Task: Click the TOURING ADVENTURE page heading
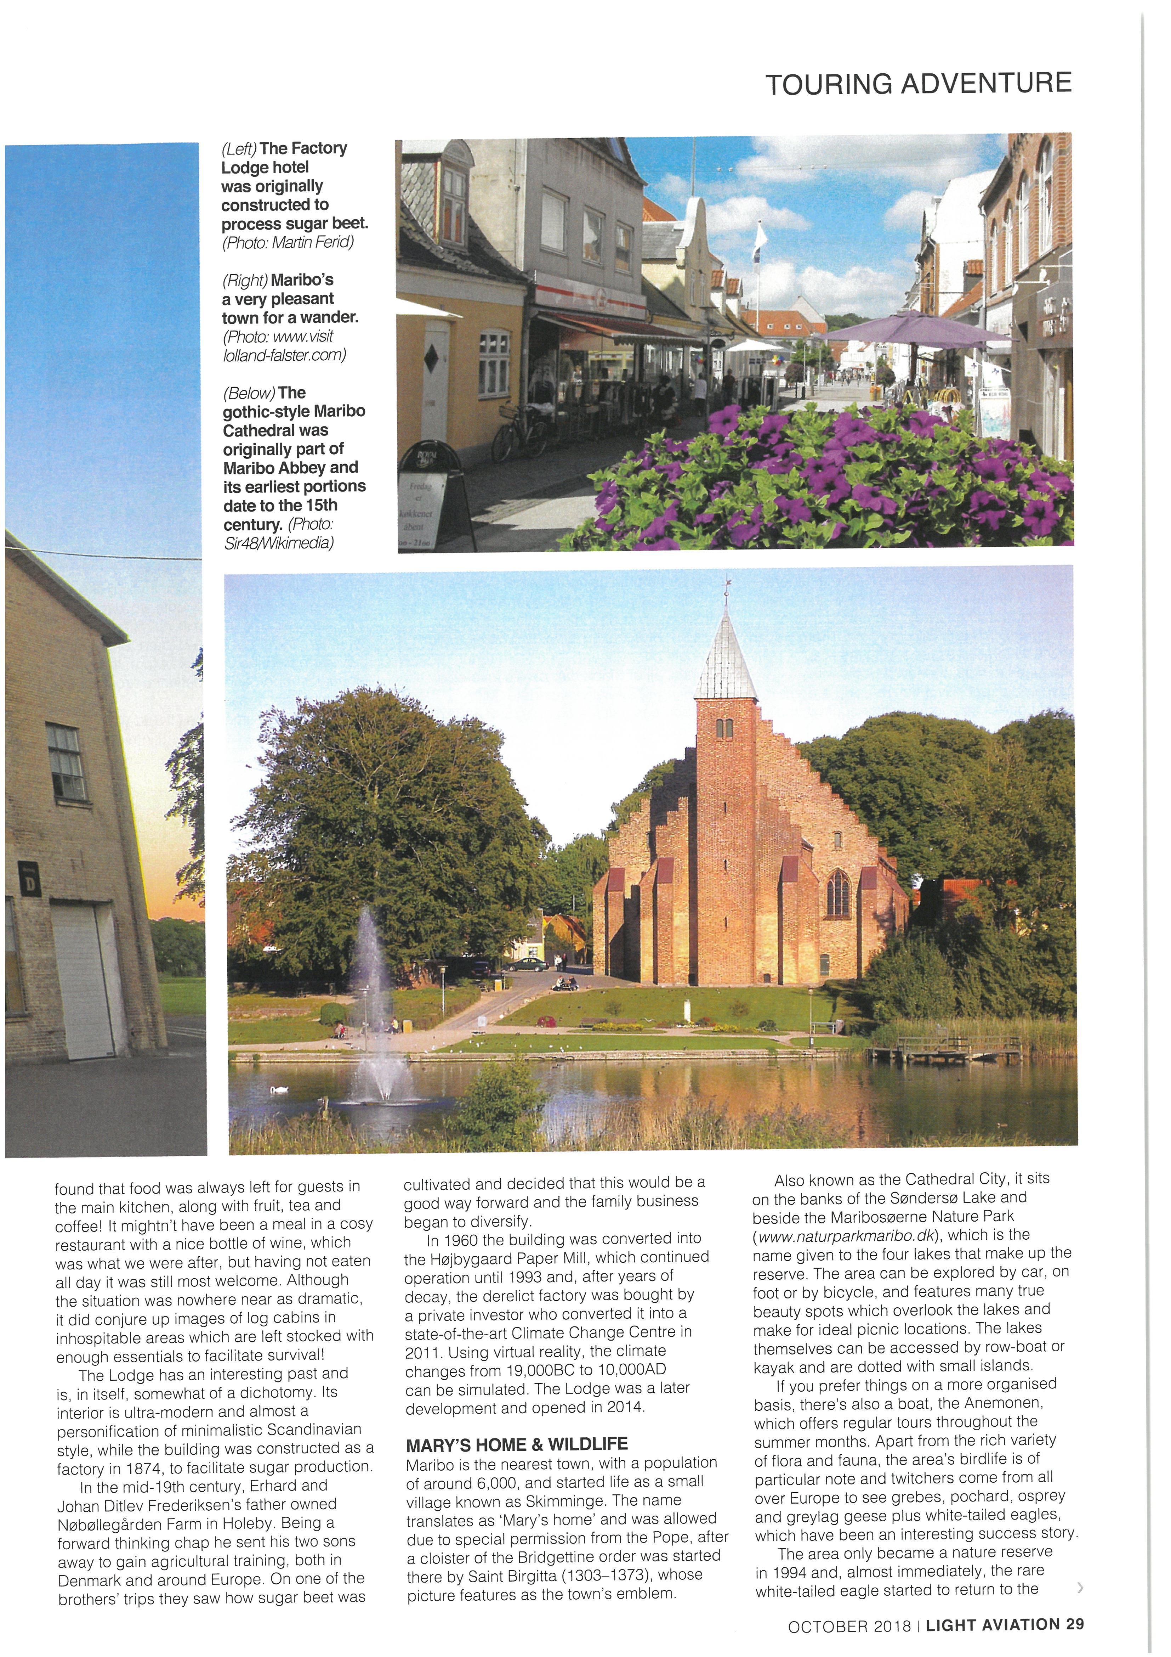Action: click(x=918, y=84)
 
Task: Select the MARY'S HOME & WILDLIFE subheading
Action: click(x=517, y=1424)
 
